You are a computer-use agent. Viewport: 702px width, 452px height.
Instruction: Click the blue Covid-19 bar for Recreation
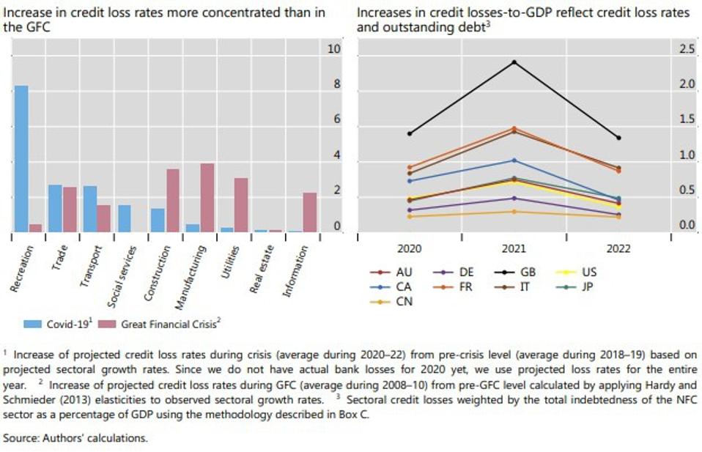(x=22, y=158)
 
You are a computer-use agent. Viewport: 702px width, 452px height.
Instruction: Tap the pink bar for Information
(x=310, y=212)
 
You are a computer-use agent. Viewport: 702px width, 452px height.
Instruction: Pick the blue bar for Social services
(x=125, y=218)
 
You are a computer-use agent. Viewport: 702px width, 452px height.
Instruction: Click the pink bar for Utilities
(x=241, y=204)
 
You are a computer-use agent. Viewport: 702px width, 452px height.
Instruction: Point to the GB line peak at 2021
(x=514, y=62)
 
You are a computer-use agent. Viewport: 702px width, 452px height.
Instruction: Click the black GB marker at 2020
(x=410, y=133)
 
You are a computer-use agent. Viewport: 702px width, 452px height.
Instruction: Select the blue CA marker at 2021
(x=514, y=160)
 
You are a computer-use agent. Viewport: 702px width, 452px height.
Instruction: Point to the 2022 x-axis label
(x=618, y=249)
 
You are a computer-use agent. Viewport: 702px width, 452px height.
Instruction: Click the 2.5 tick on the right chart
(x=687, y=49)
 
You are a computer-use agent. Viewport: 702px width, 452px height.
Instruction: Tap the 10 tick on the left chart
(x=334, y=49)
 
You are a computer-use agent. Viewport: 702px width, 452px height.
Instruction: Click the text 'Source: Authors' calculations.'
(x=75, y=438)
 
